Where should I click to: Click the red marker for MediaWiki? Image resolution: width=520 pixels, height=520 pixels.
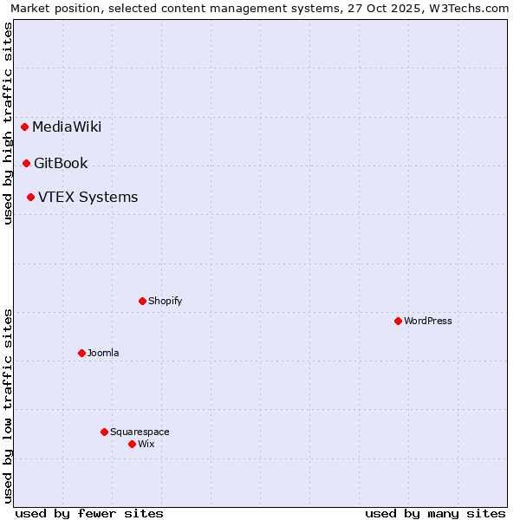(25, 127)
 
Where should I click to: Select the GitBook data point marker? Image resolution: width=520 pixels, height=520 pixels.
(27, 163)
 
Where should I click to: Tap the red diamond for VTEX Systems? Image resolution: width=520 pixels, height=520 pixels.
(31, 198)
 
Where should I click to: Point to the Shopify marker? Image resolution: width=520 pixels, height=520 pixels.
(143, 301)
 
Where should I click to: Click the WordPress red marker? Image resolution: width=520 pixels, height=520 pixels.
(399, 321)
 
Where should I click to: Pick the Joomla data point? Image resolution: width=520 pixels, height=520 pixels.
(82, 353)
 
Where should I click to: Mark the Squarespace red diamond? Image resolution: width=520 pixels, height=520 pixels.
(105, 432)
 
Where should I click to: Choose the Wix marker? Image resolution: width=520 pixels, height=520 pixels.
(133, 444)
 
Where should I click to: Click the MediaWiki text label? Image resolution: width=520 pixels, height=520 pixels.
(67, 127)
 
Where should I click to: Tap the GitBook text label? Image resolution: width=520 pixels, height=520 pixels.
(61, 163)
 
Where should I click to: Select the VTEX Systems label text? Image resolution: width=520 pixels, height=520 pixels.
(88, 198)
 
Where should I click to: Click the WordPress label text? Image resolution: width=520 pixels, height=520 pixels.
(428, 321)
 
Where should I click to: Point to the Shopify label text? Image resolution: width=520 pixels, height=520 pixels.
(165, 301)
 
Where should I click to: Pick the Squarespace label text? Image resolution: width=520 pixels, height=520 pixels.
(140, 432)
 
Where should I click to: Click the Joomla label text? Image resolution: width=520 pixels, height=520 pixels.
(103, 353)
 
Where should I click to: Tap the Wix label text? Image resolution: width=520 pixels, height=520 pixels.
(146, 444)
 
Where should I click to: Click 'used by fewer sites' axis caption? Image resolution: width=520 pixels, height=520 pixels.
(89, 514)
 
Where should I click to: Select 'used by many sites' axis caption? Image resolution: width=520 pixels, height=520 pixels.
(435, 514)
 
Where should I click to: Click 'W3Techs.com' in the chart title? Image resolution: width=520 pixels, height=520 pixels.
(471, 8)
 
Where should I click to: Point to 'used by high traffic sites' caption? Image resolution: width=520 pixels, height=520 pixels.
(8, 124)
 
